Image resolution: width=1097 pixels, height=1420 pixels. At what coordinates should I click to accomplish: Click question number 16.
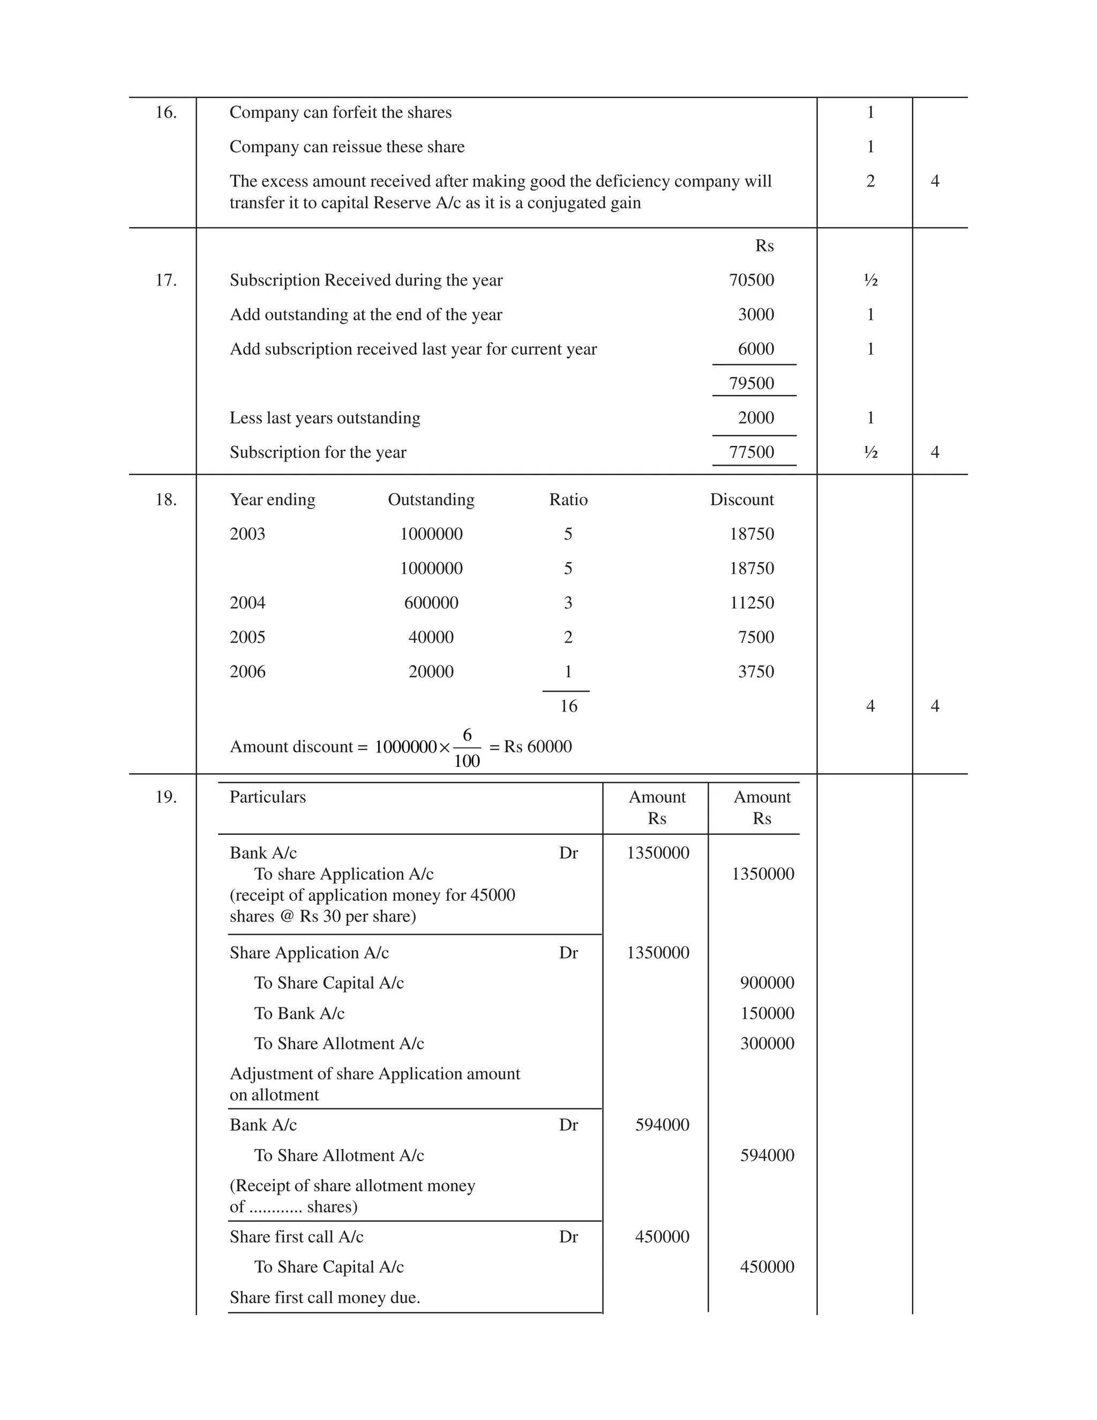166,113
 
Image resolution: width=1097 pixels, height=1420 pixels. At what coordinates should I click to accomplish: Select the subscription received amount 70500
752,280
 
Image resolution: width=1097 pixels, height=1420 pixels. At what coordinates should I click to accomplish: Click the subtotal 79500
752,383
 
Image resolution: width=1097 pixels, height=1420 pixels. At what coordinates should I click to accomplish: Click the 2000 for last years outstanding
756,417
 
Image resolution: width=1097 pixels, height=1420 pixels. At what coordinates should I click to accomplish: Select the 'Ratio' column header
568,499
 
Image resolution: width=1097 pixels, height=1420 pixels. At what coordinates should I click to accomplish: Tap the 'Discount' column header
741,499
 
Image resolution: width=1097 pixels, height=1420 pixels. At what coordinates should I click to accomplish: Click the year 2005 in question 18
247,637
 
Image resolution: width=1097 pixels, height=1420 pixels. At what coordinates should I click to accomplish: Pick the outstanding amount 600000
431,603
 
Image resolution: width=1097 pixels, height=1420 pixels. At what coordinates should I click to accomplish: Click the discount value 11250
752,603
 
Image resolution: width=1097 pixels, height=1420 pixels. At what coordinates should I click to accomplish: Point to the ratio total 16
568,706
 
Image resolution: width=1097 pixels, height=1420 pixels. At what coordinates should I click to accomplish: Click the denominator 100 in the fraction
467,761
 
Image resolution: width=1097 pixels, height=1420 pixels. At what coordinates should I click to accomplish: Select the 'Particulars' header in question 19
267,797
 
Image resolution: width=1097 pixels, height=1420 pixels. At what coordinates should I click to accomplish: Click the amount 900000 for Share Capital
767,983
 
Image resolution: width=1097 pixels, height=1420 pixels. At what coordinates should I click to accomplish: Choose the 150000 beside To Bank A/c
767,1013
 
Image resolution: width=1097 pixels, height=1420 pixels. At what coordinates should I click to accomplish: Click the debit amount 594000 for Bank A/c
662,1125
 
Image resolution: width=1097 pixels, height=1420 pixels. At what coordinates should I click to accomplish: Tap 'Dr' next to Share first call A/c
568,1237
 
